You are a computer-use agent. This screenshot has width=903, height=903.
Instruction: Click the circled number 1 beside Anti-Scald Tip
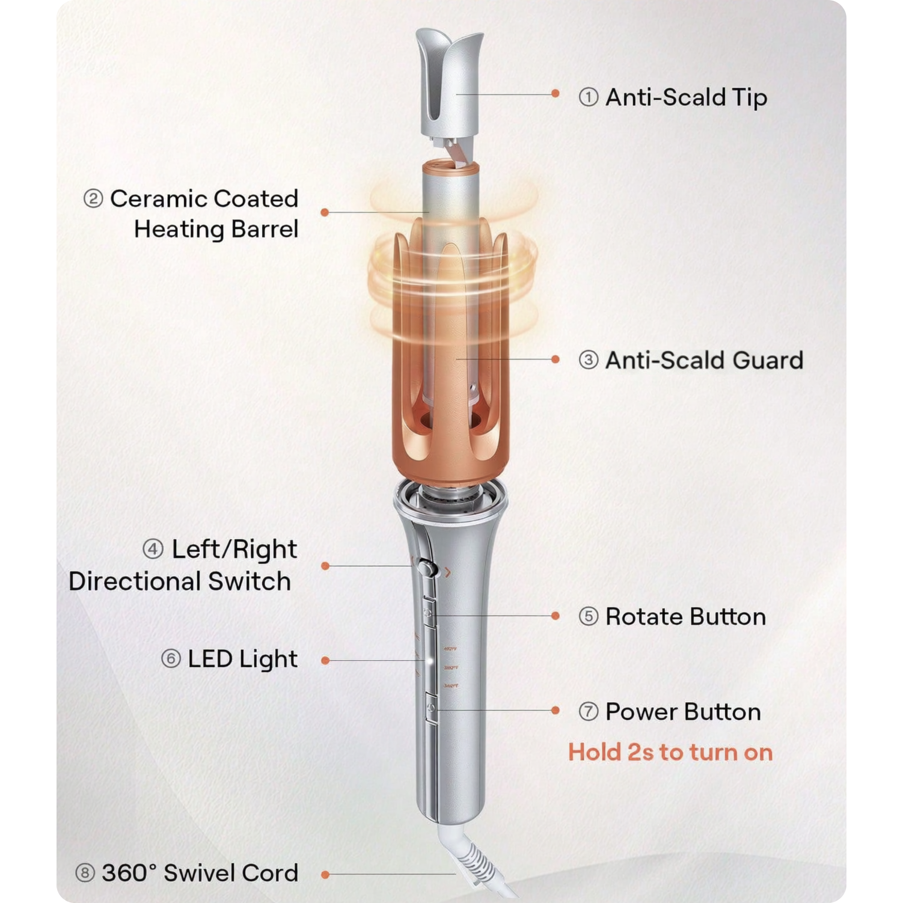tap(588, 98)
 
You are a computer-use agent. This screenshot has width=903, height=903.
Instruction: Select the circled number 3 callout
tap(588, 360)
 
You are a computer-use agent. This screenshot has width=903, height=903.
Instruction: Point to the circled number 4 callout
tap(153, 549)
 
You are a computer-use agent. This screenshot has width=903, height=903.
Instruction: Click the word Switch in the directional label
tap(249, 581)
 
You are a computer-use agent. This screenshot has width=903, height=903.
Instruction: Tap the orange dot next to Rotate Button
tap(555, 616)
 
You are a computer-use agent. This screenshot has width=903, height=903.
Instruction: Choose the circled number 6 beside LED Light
tap(171, 659)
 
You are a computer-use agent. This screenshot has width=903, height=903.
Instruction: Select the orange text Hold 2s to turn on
tap(670, 753)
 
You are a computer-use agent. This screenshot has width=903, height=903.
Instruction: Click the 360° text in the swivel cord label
tap(129, 873)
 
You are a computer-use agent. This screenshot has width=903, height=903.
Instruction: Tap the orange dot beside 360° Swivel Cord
tap(325, 875)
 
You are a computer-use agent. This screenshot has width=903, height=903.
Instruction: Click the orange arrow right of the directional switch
tap(448, 572)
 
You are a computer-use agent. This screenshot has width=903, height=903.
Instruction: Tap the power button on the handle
tap(431, 709)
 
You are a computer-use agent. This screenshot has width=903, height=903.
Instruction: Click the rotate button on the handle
tap(429, 612)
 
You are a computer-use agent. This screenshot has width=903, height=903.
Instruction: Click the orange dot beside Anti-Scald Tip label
tap(555, 93)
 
